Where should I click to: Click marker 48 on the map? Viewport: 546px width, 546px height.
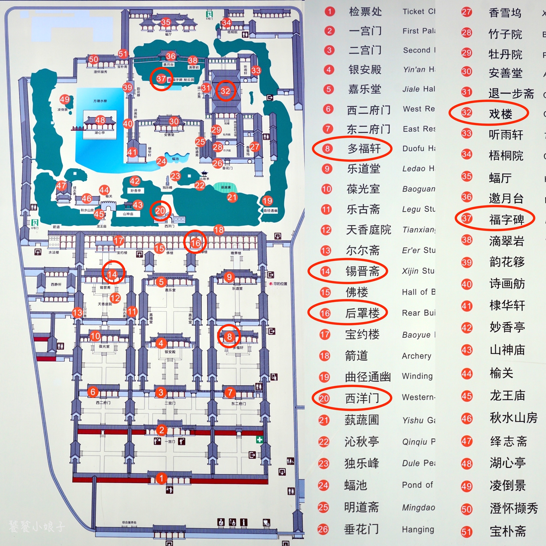point(100,120)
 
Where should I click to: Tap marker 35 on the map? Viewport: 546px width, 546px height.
point(166,22)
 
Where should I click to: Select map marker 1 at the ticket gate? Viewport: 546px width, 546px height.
point(161,478)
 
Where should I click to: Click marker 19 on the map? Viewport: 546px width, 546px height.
point(267,201)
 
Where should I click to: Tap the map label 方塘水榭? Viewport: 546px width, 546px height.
point(100,101)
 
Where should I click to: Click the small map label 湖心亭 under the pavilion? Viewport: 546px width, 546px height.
point(100,133)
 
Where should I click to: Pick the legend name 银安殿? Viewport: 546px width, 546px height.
point(365,70)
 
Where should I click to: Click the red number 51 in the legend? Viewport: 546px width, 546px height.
point(466,532)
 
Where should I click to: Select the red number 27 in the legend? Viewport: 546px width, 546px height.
point(466,12)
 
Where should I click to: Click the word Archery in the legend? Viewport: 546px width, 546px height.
point(416,356)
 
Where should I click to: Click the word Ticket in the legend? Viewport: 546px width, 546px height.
point(414,12)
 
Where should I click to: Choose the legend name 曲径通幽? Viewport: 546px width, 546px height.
point(368,377)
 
